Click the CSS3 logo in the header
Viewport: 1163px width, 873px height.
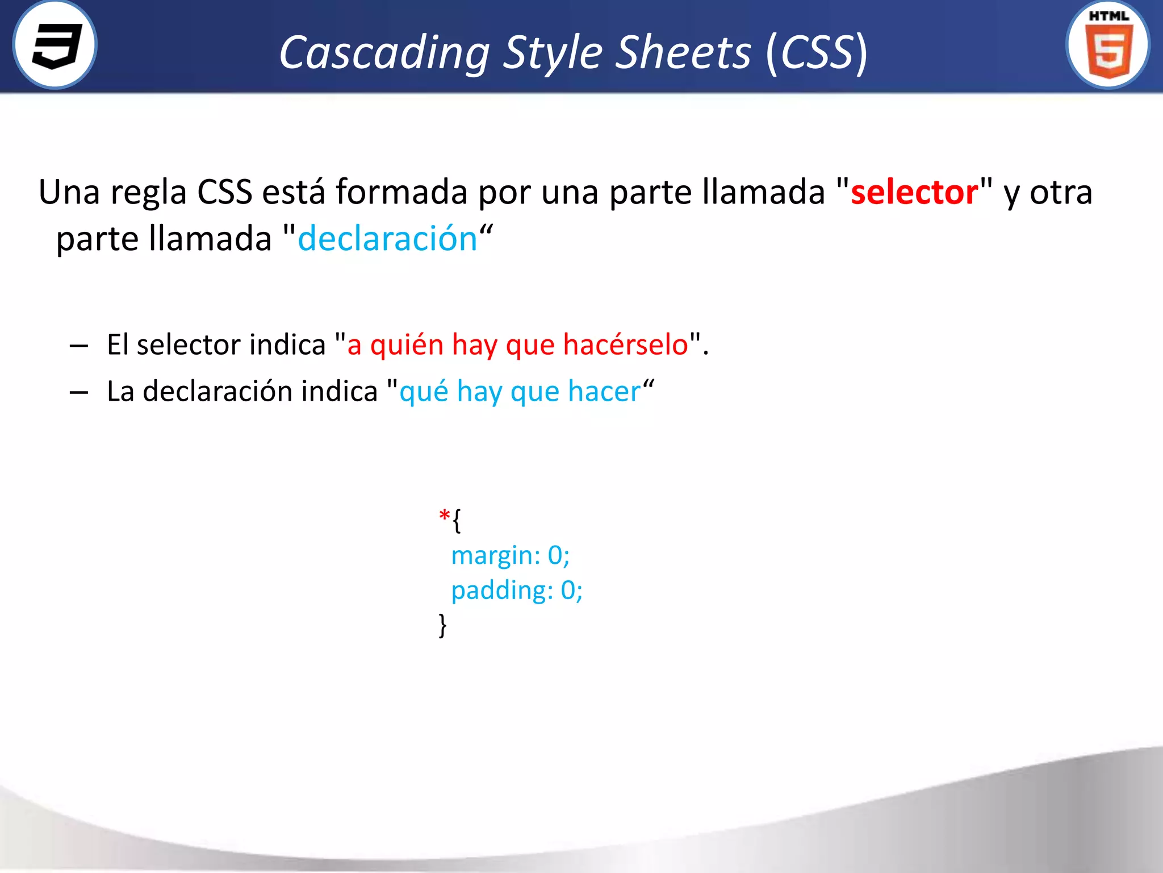pos(55,45)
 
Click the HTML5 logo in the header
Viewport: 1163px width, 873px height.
pos(1108,45)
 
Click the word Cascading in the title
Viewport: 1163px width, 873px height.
pos(384,53)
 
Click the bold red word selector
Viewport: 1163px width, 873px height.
pos(914,192)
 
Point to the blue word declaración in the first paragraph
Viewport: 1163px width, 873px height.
pos(387,239)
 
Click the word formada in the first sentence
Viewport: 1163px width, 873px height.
pos(401,192)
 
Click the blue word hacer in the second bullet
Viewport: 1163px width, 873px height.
pos(604,392)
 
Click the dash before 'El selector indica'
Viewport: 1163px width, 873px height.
pos(79,346)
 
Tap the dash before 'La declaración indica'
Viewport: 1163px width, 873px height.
pos(79,392)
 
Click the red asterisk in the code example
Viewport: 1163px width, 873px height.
pos(444,516)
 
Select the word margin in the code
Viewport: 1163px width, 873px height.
pos(492,556)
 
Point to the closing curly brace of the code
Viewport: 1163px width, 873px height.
pos(443,625)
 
